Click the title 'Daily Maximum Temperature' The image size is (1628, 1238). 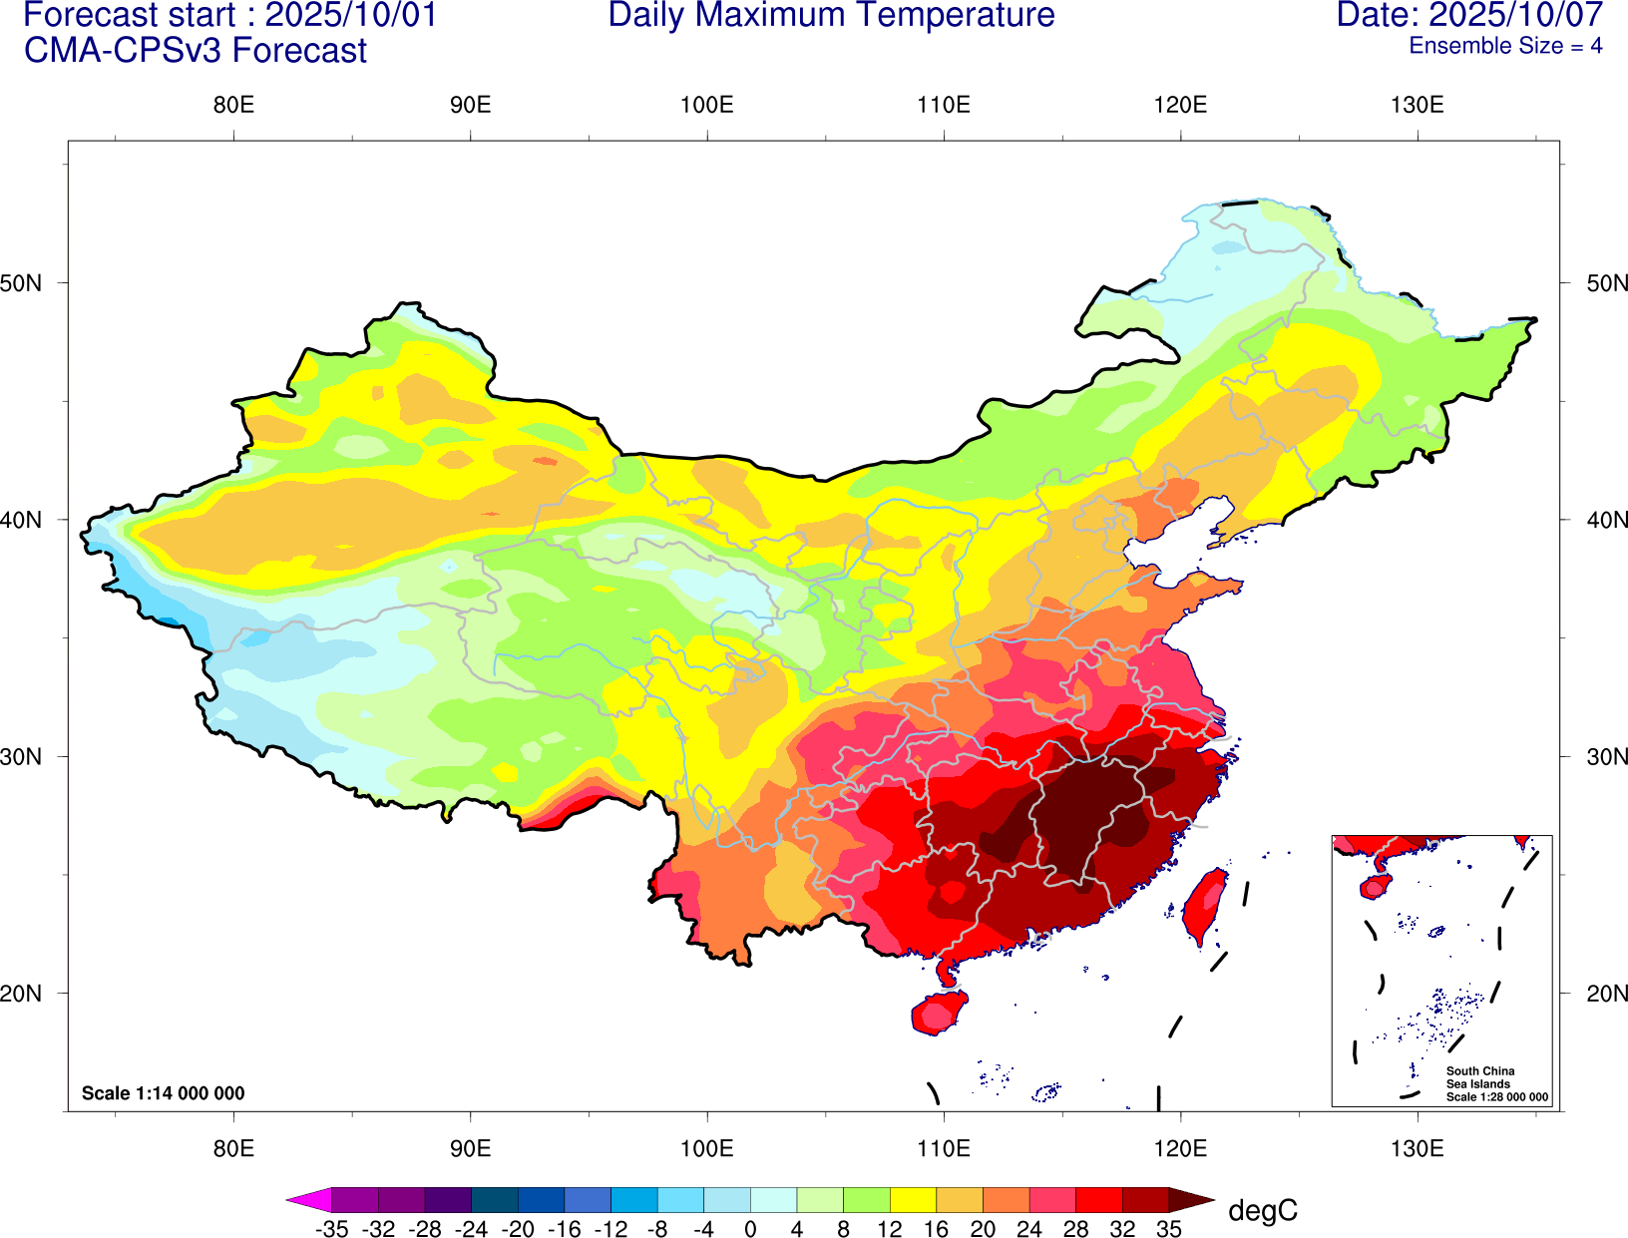(x=831, y=16)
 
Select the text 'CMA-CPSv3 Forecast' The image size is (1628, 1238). (x=196, y=51)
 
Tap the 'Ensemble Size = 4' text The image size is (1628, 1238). (x=1505, y=46)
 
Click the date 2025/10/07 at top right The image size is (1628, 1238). (x=1516, y=16)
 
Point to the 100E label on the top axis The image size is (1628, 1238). (x=706, y=106)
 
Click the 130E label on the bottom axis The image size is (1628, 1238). (x=1417, y=1148)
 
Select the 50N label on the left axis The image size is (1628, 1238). (x=22, y=283)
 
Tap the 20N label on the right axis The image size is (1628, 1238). (x=1606, y=994)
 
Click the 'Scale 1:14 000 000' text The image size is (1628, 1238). (x=163, y=1093)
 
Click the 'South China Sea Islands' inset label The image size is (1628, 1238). (x=1480, y=1077)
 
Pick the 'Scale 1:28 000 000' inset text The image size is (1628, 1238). (x=1497, y=1097)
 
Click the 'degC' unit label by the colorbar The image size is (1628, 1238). (x=1263, y=1211)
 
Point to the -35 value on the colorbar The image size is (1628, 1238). (x=331, y=1230)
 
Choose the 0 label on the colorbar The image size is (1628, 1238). (x=750, y=1230)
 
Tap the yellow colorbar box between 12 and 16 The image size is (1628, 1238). (x=913, y=1199)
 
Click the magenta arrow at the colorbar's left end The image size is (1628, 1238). (x=308, y=1199)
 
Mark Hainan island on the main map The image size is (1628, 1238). (x=938, y=1013)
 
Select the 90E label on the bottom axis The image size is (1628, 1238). (x=470, y=1148)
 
